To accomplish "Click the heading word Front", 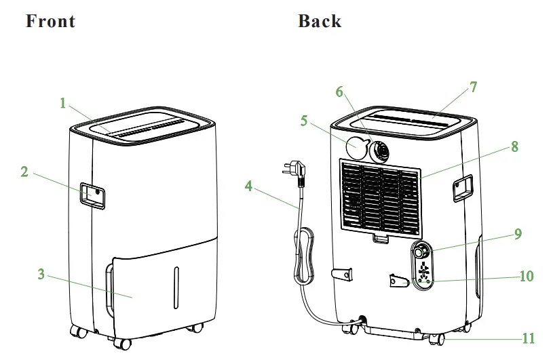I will pos(50,21).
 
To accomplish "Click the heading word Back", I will pos(319,21).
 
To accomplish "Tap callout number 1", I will pos(62,104).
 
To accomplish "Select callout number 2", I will pos(24,172).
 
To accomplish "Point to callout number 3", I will pos(41,275).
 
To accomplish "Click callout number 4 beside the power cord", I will pos(249,184).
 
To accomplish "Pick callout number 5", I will pos(304,121).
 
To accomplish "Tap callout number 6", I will pos(339,91).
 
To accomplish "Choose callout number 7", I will pos(473,87).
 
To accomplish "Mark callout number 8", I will pos(515,146).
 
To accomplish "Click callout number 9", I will pos(518,235).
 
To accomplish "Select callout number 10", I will pos(527,277).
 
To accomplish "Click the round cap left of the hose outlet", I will pos(357,146).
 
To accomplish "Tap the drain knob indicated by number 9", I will pos(423,252).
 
